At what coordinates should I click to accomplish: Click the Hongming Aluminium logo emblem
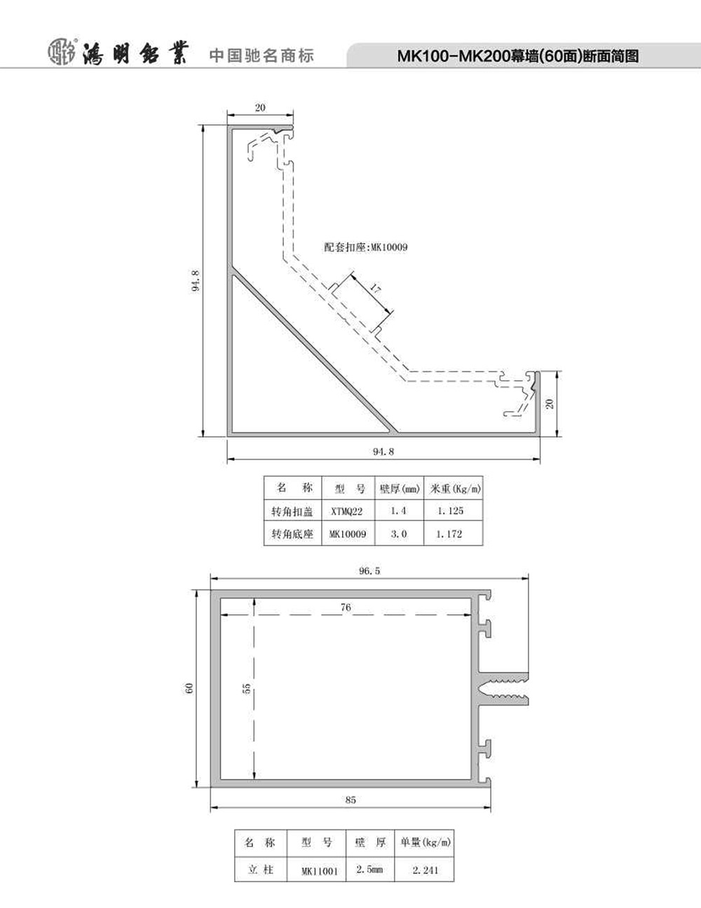[x=62, y=53]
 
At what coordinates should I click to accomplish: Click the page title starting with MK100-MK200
[x=518, y=56]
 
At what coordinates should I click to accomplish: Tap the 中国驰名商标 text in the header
[x=261, y=55]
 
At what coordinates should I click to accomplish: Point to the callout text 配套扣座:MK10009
[x=366, y=247]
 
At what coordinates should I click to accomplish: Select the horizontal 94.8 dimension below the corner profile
[x=383, y=452]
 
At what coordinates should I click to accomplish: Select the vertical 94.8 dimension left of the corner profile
[x=196, y=280]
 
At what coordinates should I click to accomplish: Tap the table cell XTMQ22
[x=347, y=511]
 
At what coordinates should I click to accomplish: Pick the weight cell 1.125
[x=451, y=511]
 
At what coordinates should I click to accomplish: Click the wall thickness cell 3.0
[x=399, y=534]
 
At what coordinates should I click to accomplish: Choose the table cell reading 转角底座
[x=292, y=534]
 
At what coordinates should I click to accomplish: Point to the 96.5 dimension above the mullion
[x=370, y=571]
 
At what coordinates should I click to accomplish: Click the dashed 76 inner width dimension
[x=346, y=607]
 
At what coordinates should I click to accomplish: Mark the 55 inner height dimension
[x=246, y=688]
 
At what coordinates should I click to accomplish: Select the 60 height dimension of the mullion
[x=189, y=688]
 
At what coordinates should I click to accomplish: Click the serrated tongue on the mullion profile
[x=505, y=689]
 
